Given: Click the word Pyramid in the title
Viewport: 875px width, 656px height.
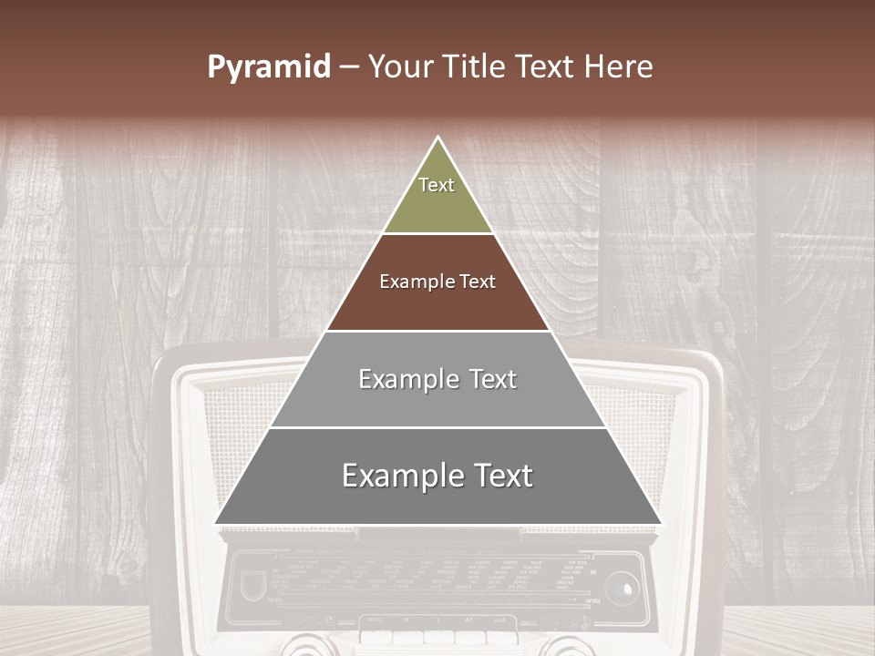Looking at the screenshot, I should pos(268,67).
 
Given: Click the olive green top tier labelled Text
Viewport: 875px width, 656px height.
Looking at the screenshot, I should pos(437,196).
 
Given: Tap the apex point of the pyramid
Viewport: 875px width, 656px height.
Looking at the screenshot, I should pos(438,138).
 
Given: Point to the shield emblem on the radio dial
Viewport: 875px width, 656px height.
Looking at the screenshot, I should pos(252,585).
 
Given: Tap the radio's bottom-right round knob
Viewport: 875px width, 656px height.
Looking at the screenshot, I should pos(565,647).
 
